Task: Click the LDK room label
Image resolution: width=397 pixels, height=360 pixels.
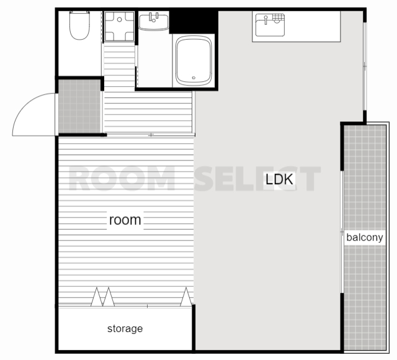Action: click(x=279, y=179)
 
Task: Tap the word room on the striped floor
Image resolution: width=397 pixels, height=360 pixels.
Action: click(x=125, y=220)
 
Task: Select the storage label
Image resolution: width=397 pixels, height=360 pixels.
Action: click(x=125, y=328)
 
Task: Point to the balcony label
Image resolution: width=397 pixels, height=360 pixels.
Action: click(x=365, y=237)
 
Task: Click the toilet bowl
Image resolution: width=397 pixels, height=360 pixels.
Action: click(x=79, y=27)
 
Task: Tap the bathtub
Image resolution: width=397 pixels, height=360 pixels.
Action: click(x=194, y=61)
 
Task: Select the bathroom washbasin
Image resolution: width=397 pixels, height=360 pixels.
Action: click(x=153, y=22)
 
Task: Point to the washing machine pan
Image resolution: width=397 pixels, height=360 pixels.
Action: click(x=119, y=26)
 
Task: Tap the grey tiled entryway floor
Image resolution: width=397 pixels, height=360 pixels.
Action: click(x=79, y=106)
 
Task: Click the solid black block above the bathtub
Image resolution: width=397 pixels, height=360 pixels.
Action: click(x=194, y=22)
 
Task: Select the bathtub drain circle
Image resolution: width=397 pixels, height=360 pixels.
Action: click(x=194, y=78)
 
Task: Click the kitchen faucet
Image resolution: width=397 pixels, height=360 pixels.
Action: click(x=265, y=20)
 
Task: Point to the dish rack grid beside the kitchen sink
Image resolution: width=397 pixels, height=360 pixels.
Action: click(x=278, y=17)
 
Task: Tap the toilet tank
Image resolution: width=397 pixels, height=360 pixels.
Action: click(x=79, y=12)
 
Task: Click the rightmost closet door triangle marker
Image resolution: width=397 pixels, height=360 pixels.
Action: click(x=186, y=297)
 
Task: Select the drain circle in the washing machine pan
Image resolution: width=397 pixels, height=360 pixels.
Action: click(x=120, y=19)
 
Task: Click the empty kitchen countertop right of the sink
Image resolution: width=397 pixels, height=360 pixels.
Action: click(x=313, y=26)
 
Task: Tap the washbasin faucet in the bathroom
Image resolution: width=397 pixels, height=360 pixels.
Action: click(x=153, y=17)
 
